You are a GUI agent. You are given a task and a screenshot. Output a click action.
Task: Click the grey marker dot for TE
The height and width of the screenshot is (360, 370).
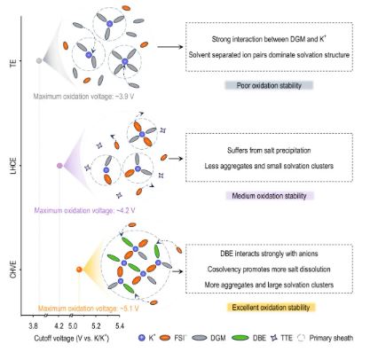click(x=39, y=60)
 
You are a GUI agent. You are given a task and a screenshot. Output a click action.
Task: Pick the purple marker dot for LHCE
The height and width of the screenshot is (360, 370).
click(x=60, y=166)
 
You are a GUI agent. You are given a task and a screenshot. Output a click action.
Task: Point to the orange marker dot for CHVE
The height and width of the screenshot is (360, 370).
click(x=80, y=270)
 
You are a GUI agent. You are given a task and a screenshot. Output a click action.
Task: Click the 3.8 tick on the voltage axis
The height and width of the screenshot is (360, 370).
click(x=33, y=324)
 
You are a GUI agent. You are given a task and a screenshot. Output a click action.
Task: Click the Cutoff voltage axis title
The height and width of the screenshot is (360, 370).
click(x=87, y=338)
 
